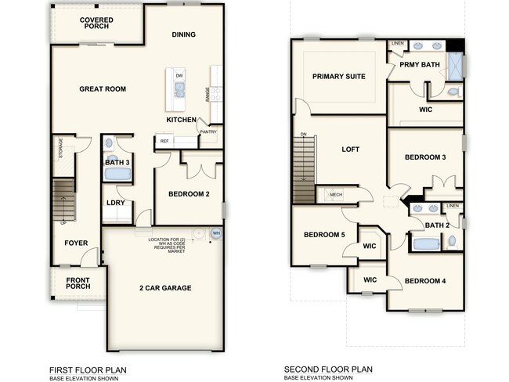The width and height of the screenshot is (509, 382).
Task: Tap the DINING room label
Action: pos(183,34)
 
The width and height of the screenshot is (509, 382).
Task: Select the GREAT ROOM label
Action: pos(103,89)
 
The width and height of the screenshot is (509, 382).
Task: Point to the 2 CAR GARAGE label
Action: pos(165,288)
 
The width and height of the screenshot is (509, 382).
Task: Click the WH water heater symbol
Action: pos(216,233)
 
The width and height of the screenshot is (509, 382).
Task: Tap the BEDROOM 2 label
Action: pos(189,194)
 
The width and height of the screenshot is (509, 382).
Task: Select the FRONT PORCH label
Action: pos(78,284)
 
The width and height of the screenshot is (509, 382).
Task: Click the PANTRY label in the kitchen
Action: pos(208,132)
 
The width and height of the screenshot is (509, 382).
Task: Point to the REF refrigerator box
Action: pos(164,141)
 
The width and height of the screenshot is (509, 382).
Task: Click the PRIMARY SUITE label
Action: pos(339,76)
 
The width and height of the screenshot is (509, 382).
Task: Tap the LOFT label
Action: pos(350,149)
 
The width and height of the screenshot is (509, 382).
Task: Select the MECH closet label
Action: pos(336,195)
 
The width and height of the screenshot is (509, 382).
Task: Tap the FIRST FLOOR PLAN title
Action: pos(88,369)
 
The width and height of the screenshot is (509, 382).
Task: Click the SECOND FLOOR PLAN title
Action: pos(328,369)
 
